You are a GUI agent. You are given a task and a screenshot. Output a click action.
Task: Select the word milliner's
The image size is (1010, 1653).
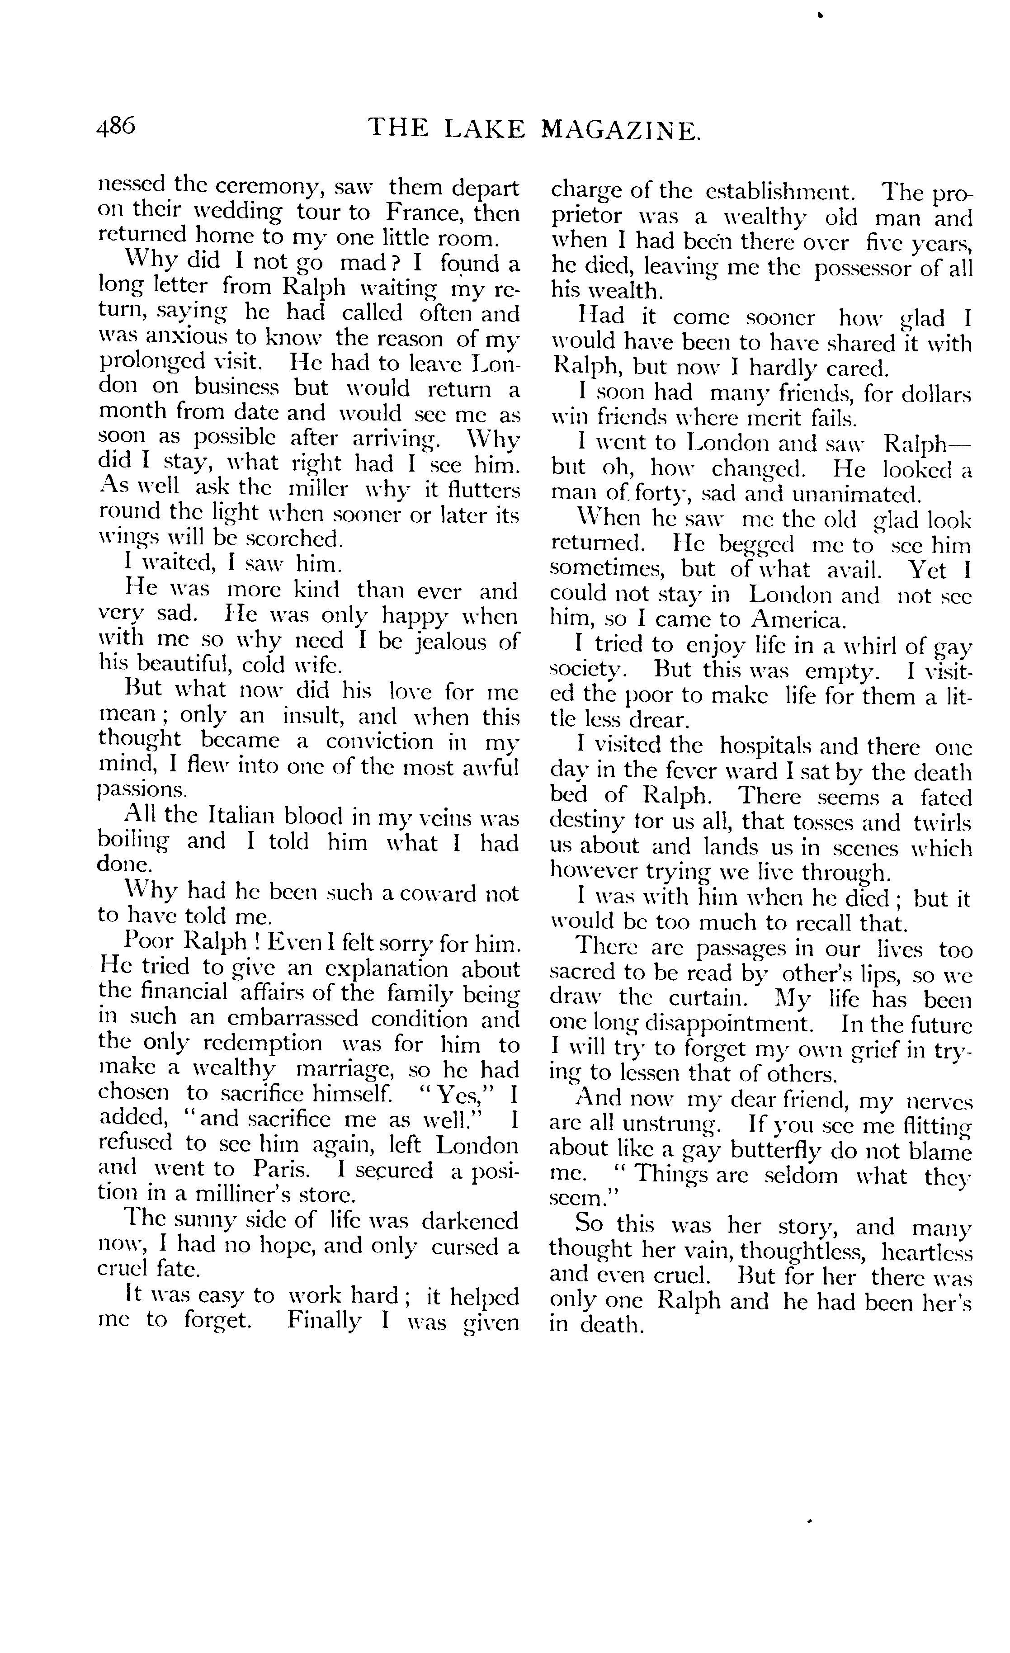point(240,1195)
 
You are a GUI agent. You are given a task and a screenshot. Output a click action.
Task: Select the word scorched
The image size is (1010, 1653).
point(293,538)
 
